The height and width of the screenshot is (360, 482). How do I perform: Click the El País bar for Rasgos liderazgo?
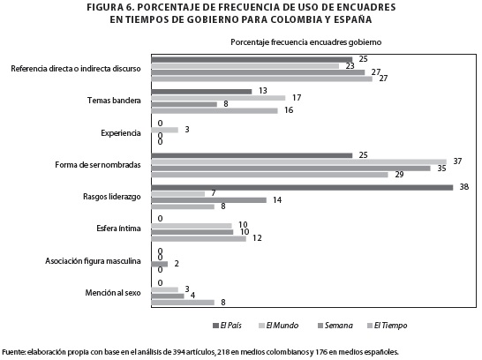302,187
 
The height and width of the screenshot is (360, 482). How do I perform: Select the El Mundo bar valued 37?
298,161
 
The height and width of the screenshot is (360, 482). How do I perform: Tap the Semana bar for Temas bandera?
185,104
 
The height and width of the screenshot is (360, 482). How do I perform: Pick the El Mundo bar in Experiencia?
165,130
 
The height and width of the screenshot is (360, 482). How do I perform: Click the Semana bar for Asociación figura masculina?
160,264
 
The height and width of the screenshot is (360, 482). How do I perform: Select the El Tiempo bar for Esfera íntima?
199,238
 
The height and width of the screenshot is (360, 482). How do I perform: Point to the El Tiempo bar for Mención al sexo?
183,303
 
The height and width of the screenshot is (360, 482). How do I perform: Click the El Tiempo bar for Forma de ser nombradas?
269,175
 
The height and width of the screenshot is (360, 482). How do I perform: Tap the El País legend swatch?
215,326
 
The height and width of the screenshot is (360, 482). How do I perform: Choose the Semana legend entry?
335,326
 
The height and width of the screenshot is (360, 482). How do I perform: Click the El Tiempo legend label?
390,326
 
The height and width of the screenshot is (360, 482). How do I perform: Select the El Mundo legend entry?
279,326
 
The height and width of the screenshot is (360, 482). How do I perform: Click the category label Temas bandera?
114,101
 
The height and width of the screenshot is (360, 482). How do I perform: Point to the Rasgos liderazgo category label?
112,197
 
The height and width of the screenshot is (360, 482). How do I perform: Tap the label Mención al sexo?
113,293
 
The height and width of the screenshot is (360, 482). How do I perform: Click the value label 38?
464,187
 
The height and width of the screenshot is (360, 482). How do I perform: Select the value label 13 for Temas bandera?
263,91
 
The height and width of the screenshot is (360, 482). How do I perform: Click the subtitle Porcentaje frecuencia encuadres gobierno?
305,42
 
